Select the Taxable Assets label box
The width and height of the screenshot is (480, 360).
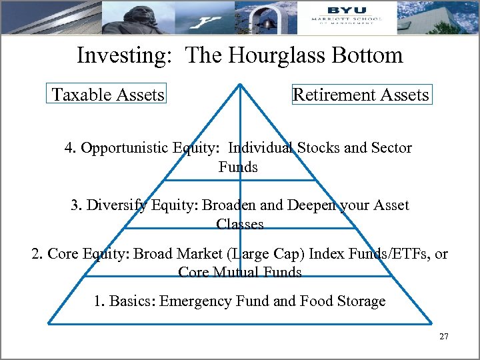click(108, 95)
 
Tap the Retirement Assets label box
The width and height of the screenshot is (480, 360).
click(361, 95)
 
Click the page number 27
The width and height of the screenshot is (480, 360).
click(444, 337)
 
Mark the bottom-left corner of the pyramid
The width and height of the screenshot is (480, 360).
click(48, 323)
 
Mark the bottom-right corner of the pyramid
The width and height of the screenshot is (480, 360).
click(434, 323)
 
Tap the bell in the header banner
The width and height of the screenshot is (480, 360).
click(268, 21)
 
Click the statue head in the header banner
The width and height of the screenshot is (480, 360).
click(134, 12)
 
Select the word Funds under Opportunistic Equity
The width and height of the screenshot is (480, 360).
click(238, 167)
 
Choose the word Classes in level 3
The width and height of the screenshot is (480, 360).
click(240, 225)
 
